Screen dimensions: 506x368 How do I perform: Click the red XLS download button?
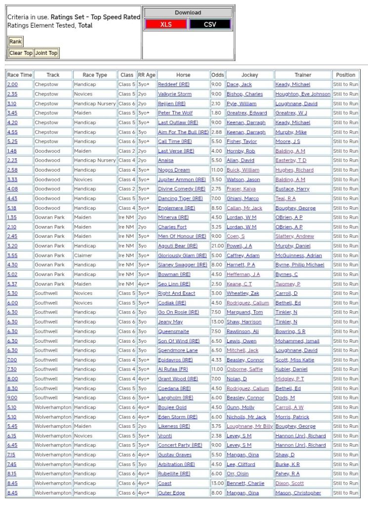[166, 24]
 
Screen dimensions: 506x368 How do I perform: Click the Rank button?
[15, 42]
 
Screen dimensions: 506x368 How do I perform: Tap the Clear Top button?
[21, 53]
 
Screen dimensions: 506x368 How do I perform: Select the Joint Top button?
[46, 53]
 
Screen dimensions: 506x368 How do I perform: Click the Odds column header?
[217, 75]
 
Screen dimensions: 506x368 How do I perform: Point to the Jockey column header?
[249, 75]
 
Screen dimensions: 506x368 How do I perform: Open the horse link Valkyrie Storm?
[174, 94]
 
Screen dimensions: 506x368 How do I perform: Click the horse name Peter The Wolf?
[175, 113]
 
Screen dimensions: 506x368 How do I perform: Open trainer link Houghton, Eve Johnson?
[303, 94]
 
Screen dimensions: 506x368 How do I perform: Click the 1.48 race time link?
[12, 151]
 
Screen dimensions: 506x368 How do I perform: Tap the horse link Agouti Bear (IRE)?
[177, 246]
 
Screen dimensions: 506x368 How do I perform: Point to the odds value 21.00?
[217, 246]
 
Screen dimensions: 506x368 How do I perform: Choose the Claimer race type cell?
[83, 256]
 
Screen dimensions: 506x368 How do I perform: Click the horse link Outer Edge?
[171, 493]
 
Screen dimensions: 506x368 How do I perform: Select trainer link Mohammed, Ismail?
[297, 341]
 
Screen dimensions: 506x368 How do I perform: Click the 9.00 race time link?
[12, 398]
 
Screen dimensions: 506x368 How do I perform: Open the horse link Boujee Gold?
[172, 408]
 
